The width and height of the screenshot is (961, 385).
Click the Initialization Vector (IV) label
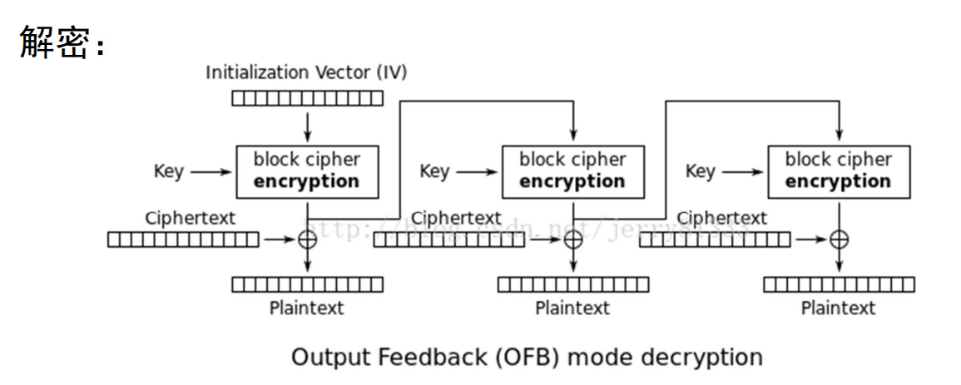(306, 72)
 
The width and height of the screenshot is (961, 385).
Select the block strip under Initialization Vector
(307, 99)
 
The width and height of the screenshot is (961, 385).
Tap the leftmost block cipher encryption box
(307, 170)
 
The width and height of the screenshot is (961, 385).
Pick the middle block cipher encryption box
(572, 170)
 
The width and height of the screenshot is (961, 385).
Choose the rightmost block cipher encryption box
(839, 170)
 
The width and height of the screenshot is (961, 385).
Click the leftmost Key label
(169, 171)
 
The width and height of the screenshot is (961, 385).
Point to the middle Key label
(434, 171)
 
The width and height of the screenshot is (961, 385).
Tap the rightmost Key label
(700, 171)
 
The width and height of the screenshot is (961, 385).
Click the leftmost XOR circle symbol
(308, 239)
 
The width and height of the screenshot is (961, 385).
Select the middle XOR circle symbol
(573, 239)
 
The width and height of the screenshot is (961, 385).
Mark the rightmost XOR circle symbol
(840, 239)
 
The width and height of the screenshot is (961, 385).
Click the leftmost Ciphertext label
(191, 219)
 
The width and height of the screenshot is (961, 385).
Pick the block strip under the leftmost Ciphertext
(183, 240)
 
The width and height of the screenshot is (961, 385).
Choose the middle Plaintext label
(572, 308)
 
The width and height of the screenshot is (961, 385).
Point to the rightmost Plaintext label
(839, 308)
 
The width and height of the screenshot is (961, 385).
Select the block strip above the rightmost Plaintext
(839, 284)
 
